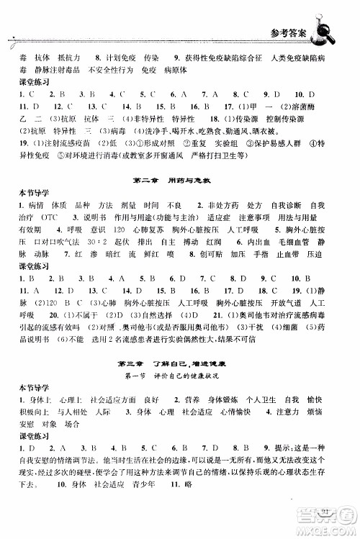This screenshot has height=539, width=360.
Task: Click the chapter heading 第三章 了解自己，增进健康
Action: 179,363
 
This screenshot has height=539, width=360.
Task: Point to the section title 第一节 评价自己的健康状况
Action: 179,376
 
